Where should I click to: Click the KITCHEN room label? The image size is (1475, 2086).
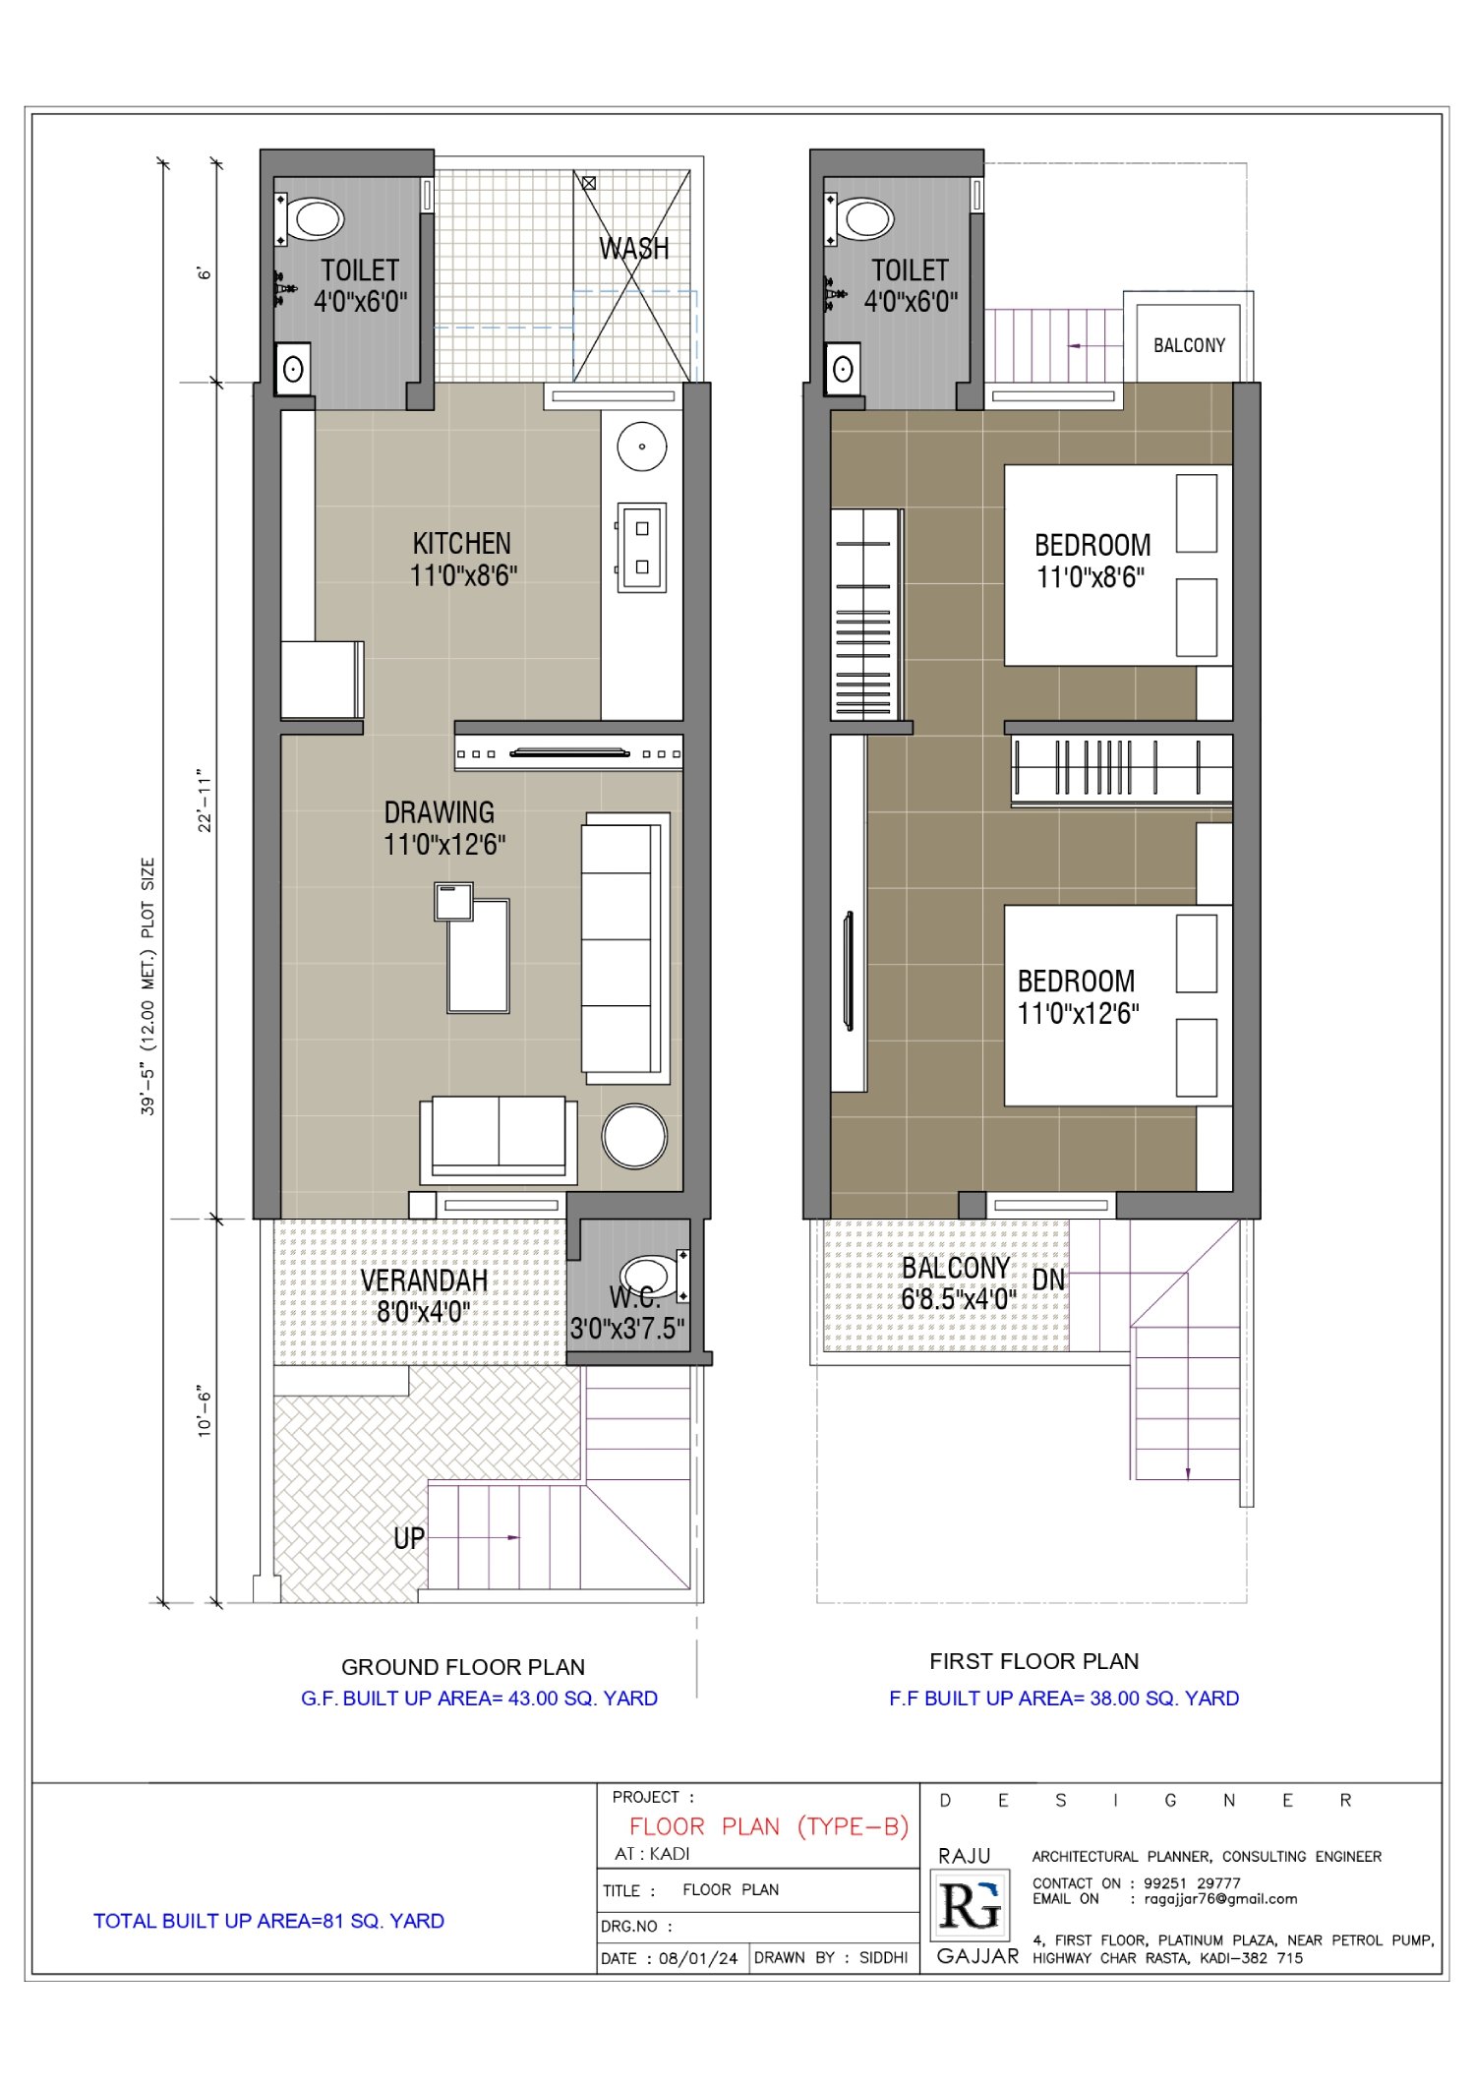tap(462, 543)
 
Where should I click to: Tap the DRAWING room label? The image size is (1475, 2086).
tap(439, 812)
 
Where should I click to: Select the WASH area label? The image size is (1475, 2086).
tap(634, 248)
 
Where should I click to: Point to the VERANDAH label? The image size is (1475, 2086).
tap(424, 1280)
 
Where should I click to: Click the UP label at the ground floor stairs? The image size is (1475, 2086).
tap(409, 1538)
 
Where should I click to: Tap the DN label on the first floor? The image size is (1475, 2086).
tap(1048, 1280)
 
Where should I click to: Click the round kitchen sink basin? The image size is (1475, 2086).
tap(642, 447)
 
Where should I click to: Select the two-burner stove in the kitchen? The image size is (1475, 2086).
tap(641, 547)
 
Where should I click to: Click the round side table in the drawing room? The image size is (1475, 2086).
tap(634, 1136)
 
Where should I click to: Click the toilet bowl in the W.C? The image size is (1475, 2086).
tap(651, 1276)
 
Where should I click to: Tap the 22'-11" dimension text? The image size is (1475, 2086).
tap(205, 801)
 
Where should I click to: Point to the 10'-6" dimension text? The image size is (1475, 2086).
tap(205, 1412)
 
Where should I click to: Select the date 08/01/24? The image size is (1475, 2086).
tap(698, 1958)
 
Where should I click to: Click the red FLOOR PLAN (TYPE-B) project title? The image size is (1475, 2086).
tap(769, 1826)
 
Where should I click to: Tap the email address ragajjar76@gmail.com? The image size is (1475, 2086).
tap(1220, 1899)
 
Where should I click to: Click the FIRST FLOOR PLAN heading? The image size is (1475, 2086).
tap(1034, 1661)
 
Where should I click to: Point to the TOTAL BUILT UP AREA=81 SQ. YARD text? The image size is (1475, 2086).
tap(268, 1921)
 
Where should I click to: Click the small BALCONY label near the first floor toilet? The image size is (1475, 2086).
tap(1190, 345)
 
